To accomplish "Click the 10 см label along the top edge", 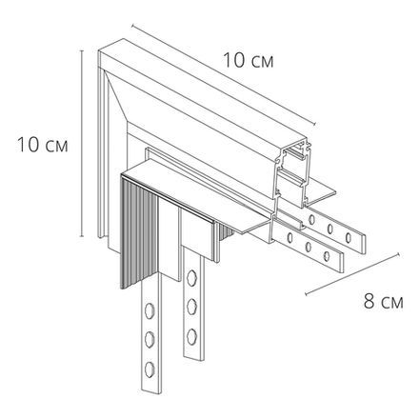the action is pyautogui.click(x=249, y=60).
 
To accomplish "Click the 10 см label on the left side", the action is pyautogui.click(x=43, y=145).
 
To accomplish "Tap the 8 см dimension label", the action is pyautogui.click(x=384, y=301).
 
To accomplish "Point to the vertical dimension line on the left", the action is pyautogui.click(x=82, y=144).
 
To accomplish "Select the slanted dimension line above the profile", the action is pyautogui.click(x=224, y=74).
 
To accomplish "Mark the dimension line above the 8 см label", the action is pyautogui.click(x=352, y=274).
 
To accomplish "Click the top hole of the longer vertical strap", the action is pyautogui.click(x=149, y=310).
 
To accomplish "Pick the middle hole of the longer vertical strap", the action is pyautogui.click(x=150, y=339).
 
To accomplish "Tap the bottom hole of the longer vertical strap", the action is pyautogui.click(x=150, y=369).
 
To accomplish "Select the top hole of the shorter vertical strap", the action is pyautogui.click(x=191, y=277).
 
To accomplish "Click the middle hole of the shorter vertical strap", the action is pyautogui.click(x=191, y=306).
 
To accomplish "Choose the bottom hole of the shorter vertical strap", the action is pyautogui.click(x=191, y=336).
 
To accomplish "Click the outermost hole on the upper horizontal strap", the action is pyautogui.click(x=349, y=237).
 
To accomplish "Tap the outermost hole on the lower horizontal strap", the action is pyautogui.click(x=327, y=256).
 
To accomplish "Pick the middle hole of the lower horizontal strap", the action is pyautogui.click(x=308, y=247).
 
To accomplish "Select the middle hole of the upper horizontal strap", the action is pyautogui.click(x=330, y=228).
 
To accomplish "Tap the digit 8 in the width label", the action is pyautogui.click(x=369, y=301).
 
